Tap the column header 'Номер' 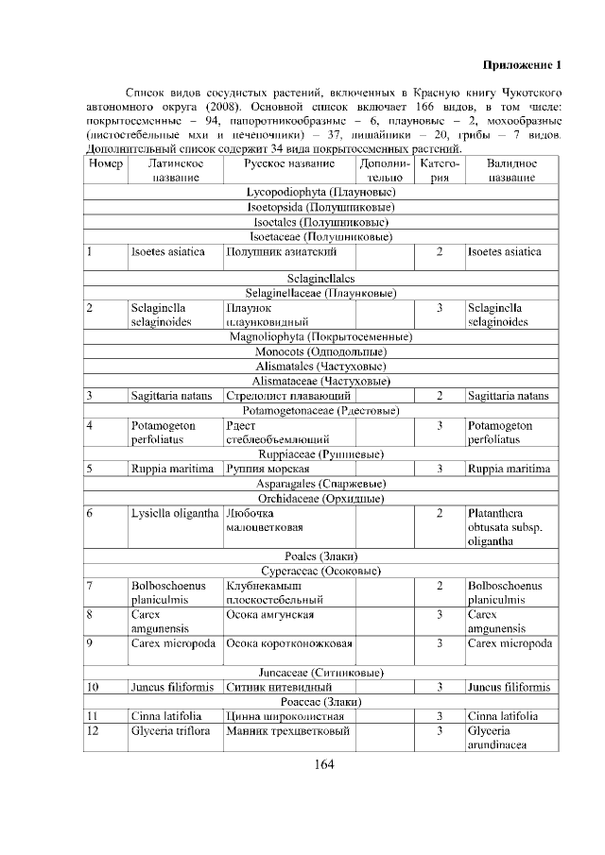[x=105, y=163]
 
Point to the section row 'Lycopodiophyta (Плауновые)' [x=320, y=193]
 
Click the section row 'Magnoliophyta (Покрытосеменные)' [x=320, y=336]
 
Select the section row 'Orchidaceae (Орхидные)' [x=320, y=498]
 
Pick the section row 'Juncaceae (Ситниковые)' [x=320, y=672]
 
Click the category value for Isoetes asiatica [x=440, y=252]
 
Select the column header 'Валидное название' [x=510, y=170]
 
